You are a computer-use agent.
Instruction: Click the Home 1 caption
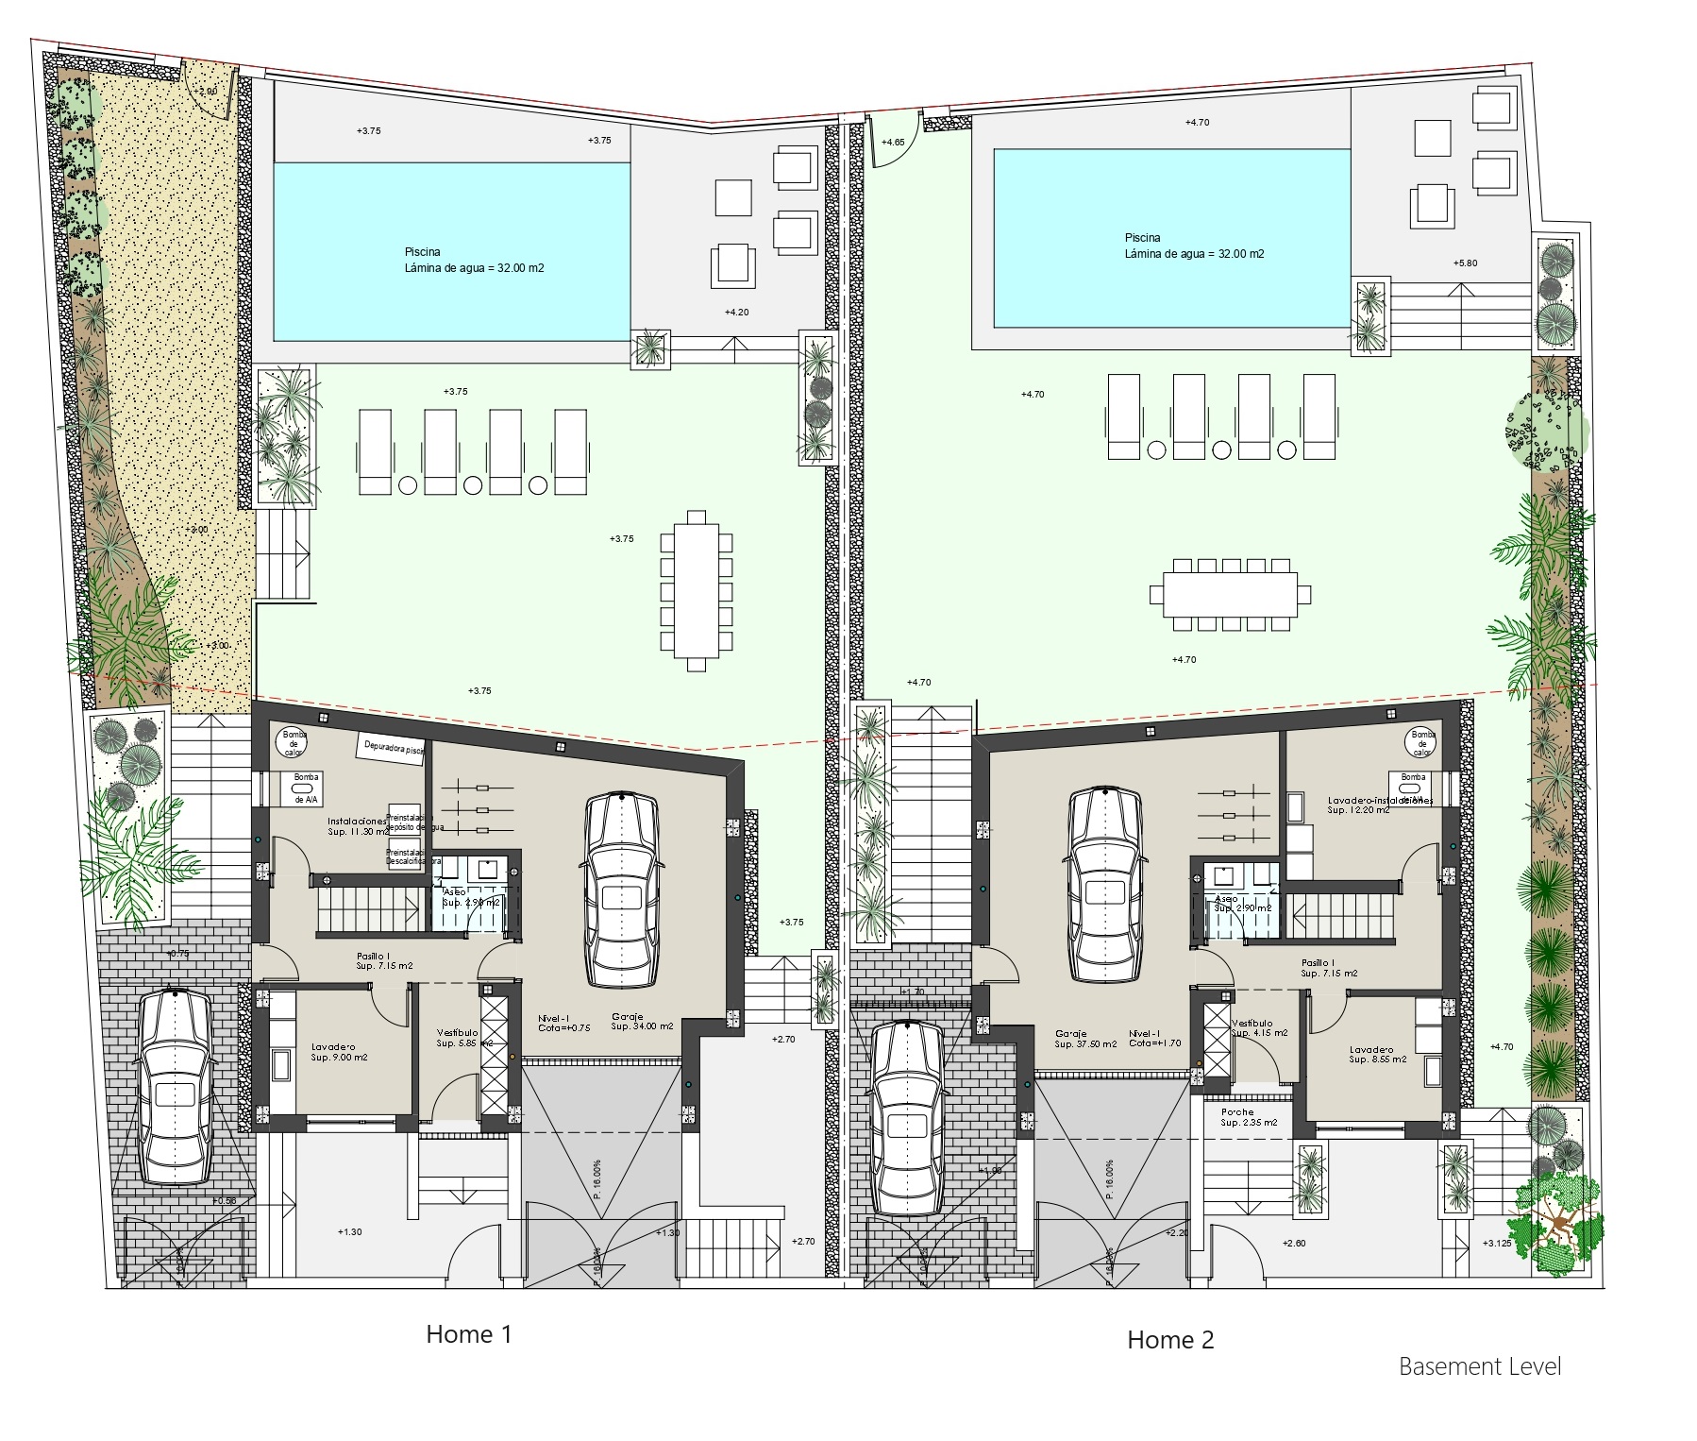tap(468, 1334)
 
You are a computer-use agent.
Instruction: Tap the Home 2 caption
tap(1170, 1339)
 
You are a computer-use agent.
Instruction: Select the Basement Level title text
tap(1479, 1393)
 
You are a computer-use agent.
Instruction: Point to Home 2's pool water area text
tap(1194, 254)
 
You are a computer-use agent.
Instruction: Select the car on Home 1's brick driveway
tap(176, 1086)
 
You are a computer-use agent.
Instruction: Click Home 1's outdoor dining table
tap(697, 590)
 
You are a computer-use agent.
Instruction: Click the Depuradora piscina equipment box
tap(391, 747)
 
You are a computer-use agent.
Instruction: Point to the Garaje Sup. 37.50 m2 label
tap(1085, 1038)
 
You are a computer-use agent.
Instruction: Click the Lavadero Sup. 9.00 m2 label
tap(339, 1052)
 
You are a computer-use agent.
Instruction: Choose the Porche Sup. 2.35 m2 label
tap(1248, 1118)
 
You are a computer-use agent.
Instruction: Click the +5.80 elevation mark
tap(1465, 263)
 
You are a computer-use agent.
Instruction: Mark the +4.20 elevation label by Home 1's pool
tap(736, 312)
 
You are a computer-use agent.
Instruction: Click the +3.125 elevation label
tap(1498, 1243)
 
